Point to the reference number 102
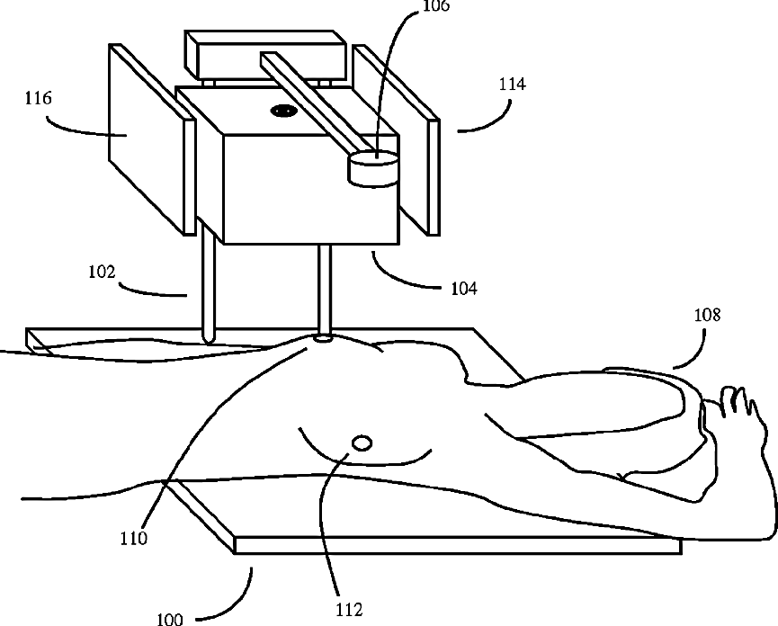102,269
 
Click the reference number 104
464,289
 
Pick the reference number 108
706,316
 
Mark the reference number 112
348,609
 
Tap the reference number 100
169,619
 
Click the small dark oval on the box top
284,112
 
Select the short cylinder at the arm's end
373,169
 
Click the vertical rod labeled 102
208,288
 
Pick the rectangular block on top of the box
264,55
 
